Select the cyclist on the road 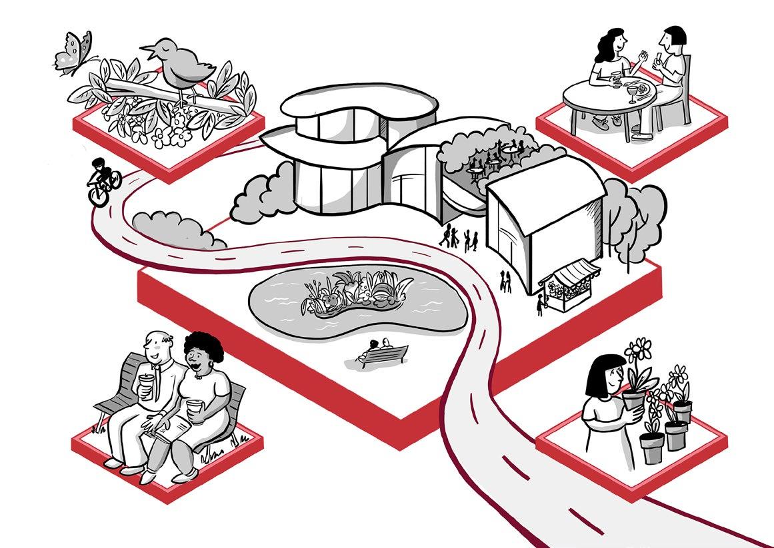[103, 180]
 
